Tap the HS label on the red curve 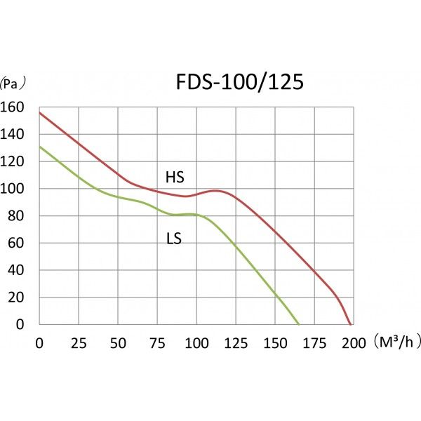click(x=174, y=177)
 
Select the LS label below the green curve click(x=174, y=239)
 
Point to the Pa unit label click(x=13, y=83)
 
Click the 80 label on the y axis click(x=15, y=216)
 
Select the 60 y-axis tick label click(x=15, y=243)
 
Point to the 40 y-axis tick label click(x=15, y=270)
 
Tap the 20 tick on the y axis click(x=15, y=298)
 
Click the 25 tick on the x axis click(x=79, y=343)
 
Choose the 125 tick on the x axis click(x=236, y=343)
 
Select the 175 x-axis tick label click(x=314, y=343)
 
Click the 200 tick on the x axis click(x=354, y=343)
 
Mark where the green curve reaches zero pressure click(x=299, y=324)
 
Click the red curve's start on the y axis click(x=39, y=112)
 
